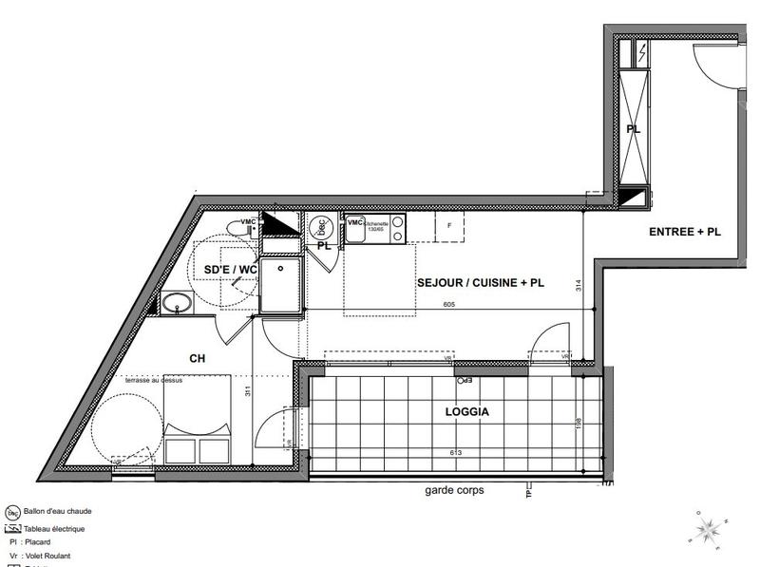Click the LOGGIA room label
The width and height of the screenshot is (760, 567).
point(465,413)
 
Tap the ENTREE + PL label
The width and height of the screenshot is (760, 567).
point(683,232)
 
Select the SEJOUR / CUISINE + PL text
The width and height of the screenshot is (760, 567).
point(480,282)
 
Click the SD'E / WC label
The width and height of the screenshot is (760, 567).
point(231,270)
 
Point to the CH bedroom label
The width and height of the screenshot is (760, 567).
point(198,359)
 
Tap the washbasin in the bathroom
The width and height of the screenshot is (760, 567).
point(175,304)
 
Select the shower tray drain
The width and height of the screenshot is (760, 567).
point(281,269)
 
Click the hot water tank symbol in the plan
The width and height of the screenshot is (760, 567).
point(320,227)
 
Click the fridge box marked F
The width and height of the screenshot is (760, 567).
point(448,226)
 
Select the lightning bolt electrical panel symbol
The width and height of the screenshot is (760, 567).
point(641,51)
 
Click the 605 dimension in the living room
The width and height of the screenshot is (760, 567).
point(449,305)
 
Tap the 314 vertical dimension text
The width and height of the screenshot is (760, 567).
point(579,284)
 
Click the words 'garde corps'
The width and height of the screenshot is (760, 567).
point(455,491)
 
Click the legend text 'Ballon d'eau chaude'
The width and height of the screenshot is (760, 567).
point(61,509)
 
